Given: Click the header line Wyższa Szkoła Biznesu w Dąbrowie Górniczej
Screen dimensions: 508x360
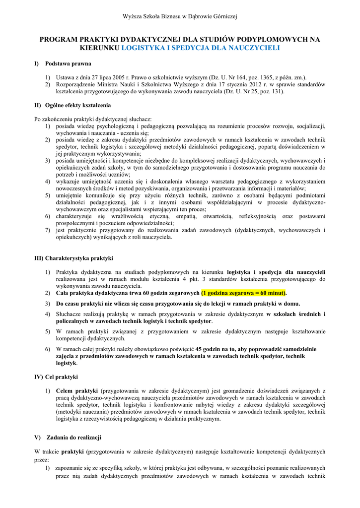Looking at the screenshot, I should coord(180,17).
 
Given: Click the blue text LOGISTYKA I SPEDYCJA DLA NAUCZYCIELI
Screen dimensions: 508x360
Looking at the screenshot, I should coord(201,48).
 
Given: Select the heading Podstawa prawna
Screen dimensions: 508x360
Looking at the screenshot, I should coord(68,64).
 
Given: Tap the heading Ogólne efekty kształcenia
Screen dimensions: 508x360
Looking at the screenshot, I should coord(78,105).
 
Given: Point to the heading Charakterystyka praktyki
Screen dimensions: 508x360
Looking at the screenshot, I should coord(79,258).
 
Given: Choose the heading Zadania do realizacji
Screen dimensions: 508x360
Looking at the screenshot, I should coord(74,438).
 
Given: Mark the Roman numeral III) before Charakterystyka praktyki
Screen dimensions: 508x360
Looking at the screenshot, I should coord(39,258).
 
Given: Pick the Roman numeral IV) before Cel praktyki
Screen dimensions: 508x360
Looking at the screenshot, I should coord(39,377).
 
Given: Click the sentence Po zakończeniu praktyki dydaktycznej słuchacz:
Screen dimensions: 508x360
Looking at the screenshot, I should coord(93,119).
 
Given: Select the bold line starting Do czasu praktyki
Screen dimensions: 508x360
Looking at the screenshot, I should coord(178,304).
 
